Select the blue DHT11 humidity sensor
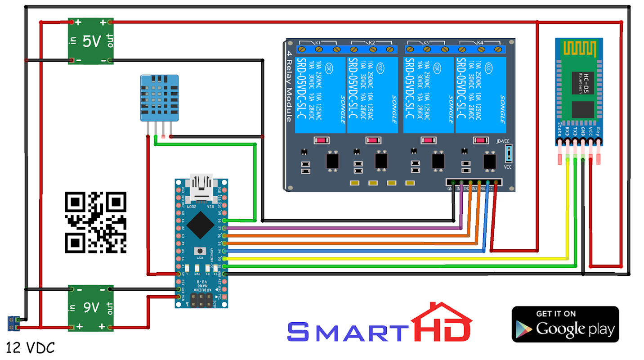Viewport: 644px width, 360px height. coord(159,98)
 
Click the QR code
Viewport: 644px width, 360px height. coord(95,222)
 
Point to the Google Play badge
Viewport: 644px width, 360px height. coord(565,324)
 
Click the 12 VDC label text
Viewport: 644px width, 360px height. coord(31,348)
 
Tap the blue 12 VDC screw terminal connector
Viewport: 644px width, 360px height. coord(13,323)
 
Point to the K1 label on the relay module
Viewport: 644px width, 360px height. coord(318,43)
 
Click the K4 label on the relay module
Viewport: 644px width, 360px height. coord(480,43)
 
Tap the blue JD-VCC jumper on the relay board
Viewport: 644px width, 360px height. coord(508,153)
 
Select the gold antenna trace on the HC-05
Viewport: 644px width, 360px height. coord(577,50)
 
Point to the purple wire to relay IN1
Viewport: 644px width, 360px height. coord(342,228)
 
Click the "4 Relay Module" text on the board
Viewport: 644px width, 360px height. coord(289,85)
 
